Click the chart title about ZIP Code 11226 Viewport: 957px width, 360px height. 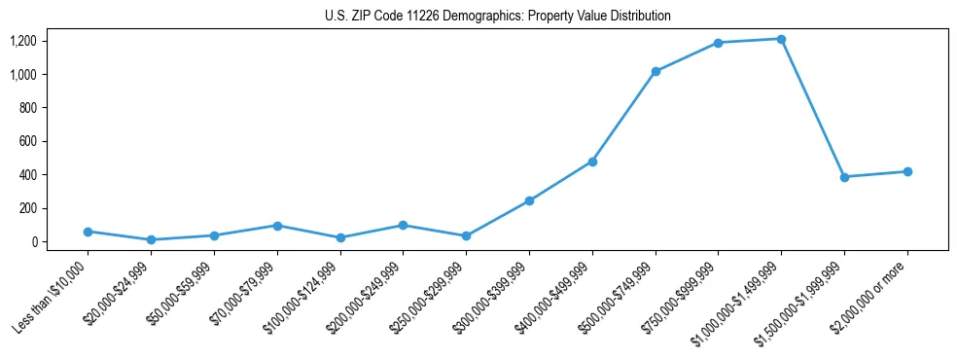tap(497, 17)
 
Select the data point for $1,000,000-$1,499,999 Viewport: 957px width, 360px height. tap(781, 39)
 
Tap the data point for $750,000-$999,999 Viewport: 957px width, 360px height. tap(718, 43)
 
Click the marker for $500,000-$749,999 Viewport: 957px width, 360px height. tap(656, 71)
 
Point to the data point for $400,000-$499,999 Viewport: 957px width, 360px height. tap(592, 162)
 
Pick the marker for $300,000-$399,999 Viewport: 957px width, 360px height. tap(529, 200)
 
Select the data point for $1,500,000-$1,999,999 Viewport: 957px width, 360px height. tap(844, 177)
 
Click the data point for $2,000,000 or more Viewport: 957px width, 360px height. tap(907, 171)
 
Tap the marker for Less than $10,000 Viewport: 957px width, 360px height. tap(89, 232)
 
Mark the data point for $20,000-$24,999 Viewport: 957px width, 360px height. tap(151, 239)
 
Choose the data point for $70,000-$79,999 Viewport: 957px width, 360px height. tap(277, 226)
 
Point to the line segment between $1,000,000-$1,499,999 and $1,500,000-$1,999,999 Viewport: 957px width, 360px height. tap(812, 108)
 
